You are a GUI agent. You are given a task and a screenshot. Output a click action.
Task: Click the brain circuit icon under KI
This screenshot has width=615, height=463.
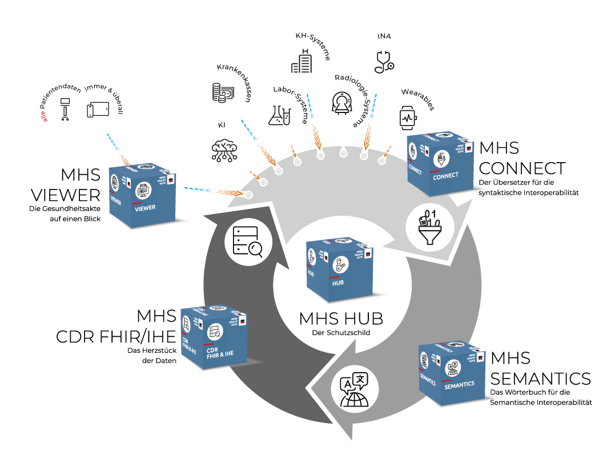pos(223,149)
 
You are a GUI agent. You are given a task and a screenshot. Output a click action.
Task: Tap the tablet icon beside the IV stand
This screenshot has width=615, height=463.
pos(98,110)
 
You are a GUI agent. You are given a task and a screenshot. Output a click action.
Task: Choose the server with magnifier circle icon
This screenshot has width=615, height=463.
pos(248,242)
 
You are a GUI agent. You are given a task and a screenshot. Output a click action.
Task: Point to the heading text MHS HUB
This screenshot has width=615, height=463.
pos(341,319)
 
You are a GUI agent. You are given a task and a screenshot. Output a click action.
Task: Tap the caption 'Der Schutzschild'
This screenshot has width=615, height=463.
pos(340,332)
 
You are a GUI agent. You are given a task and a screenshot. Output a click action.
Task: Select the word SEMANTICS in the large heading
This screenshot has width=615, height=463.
pos(540,378)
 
